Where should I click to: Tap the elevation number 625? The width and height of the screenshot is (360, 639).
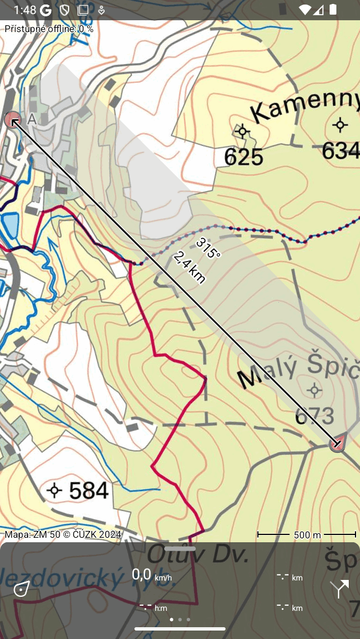[x=244, y=157]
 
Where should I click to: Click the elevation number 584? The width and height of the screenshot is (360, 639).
[x=89, y=491]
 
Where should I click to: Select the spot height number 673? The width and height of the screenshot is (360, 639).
[x=314, y=416]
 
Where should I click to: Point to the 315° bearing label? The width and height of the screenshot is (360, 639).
[x=209, y=247]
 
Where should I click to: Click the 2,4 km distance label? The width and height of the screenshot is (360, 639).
[x=189, y=267]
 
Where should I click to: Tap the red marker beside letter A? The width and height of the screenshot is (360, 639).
[x=12, y=119]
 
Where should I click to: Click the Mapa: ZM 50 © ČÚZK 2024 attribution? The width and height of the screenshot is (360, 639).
[x=63, y=534]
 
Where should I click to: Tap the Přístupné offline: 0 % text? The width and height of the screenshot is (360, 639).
[x=49, y=29]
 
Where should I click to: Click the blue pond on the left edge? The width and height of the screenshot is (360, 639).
[x=10, y=224]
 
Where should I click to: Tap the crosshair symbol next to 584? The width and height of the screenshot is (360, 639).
[x=55, y=490]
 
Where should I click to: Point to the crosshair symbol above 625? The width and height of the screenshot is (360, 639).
[x=242, y=132]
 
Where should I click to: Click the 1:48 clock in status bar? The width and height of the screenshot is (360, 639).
[x=25, y=10]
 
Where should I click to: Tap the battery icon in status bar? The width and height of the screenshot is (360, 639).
[x=334, y=10]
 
